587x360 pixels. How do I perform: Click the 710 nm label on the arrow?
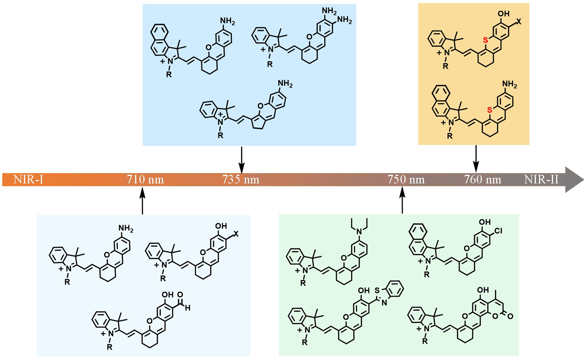145,179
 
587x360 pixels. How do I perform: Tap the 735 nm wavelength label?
241,179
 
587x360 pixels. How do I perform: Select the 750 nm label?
406,179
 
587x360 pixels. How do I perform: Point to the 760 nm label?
482,179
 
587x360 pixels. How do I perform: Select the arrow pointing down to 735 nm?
242,160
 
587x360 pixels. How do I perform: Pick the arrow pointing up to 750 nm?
402,201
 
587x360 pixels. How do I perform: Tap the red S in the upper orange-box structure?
484,41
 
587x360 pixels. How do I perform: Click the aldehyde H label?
187,309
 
